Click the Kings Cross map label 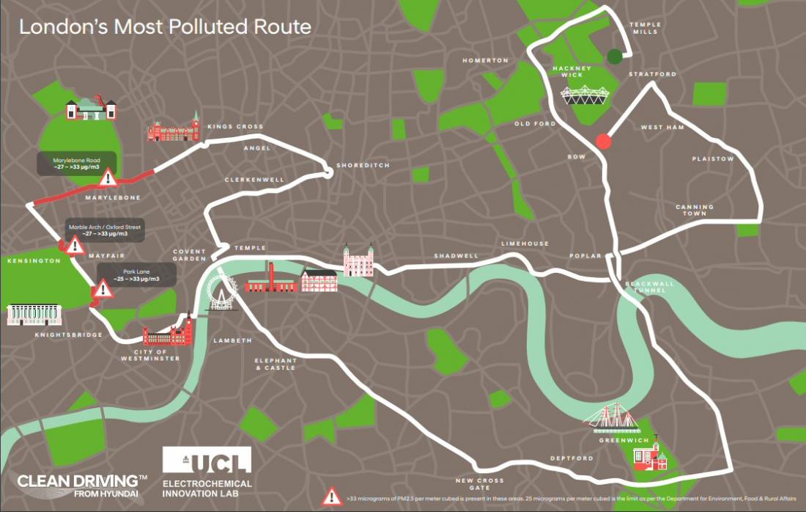tap(234, 127)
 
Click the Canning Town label tap(695, 211)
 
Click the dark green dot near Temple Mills tap(615, 56)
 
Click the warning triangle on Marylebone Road tap(108, 177)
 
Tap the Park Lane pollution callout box tap(137, 275)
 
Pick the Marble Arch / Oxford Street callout tap(104, 230)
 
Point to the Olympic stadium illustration tap(583, 95)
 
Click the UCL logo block tap(207, 460)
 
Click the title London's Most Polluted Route tap(165, 27)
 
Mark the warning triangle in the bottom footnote tap(332, 496)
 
